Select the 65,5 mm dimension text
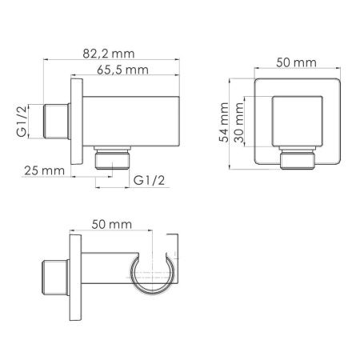click(125, 70)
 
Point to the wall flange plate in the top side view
click(76, 121)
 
